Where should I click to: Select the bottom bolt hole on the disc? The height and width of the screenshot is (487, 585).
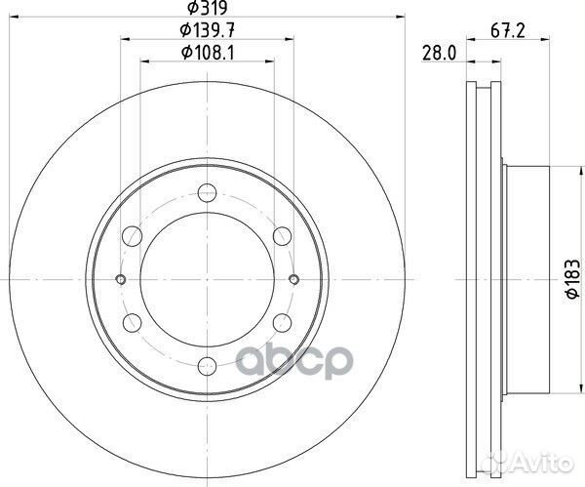tap(207, 367)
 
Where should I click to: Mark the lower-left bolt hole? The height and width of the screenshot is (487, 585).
tap(132, 323)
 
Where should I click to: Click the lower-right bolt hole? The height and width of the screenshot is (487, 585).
tap(282, 323)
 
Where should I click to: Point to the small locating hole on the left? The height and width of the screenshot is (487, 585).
tap(120, 280)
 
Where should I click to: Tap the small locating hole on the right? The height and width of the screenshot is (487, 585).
tap(293, 280)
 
